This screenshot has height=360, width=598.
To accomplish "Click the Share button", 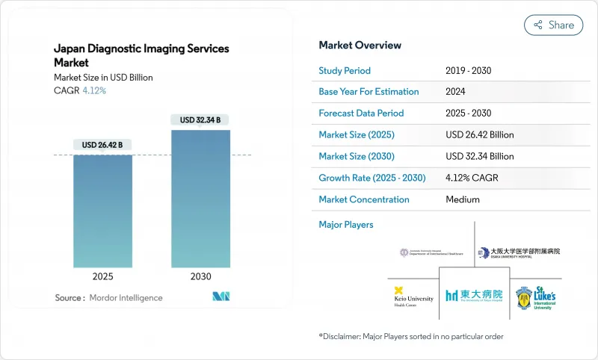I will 554,25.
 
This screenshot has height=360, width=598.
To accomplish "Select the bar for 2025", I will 102,209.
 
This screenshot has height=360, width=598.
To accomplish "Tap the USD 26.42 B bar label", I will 102,144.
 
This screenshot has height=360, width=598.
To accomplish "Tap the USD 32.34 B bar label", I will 200,120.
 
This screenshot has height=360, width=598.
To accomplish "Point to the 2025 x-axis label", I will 102,276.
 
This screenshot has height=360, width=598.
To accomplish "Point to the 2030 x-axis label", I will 200,276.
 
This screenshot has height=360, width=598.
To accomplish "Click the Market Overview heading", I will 360,46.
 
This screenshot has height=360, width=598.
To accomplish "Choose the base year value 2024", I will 456,92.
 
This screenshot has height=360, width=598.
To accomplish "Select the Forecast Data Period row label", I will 361,114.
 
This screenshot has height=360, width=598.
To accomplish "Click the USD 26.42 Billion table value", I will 479,135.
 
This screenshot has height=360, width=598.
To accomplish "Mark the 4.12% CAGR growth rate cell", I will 472,179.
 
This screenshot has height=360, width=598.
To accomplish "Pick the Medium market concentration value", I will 462,199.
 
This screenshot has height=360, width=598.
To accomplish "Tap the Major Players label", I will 346,224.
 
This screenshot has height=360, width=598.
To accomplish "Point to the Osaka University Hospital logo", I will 519,252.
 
